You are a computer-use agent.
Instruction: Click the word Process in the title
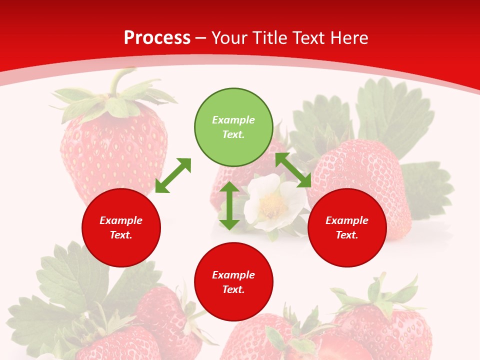coord(157,38)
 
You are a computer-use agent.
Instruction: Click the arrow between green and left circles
coord(173,175)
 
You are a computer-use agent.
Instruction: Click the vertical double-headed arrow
coord(229,205)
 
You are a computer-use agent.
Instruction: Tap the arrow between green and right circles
coord(293,170)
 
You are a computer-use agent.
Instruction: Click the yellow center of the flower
coord(272,202)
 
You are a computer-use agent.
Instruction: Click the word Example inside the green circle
coord(233,120)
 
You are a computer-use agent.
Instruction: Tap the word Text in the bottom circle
coord(233,289)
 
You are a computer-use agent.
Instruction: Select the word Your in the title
coord(228,38)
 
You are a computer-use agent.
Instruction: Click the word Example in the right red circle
coord(347,220)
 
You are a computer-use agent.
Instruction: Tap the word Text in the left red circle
coord(121,235)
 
